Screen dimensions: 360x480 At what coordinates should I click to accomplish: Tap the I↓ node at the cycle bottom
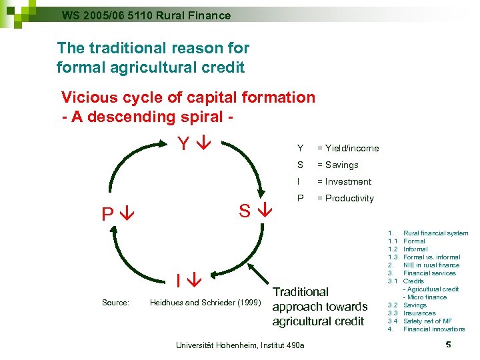click(189, 279)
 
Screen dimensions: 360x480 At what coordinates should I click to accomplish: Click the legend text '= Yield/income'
click(347, 148)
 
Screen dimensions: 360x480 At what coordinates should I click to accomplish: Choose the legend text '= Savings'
click(337, 165)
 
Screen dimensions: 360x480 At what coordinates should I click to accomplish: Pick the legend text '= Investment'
click(344, 181)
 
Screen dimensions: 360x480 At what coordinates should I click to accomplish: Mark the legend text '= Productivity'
click(345, 198)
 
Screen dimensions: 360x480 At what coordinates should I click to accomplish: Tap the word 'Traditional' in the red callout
click(301, 291)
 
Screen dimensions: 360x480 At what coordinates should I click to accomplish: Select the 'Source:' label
click(115, 303)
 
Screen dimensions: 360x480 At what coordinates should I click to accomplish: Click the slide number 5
click(449, 345)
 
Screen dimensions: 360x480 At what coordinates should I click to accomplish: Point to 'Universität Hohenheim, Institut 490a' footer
click(239, 345)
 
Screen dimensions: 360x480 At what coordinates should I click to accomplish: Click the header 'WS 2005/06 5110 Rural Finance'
click(146, 15)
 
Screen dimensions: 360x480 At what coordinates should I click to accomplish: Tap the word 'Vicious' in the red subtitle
click(88, 97)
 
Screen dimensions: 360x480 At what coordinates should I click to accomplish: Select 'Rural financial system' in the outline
click(435, 233)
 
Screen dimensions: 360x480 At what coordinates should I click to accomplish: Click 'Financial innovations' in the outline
click(434, 329)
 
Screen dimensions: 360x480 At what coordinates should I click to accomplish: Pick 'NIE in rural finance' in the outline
click(431, 265)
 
